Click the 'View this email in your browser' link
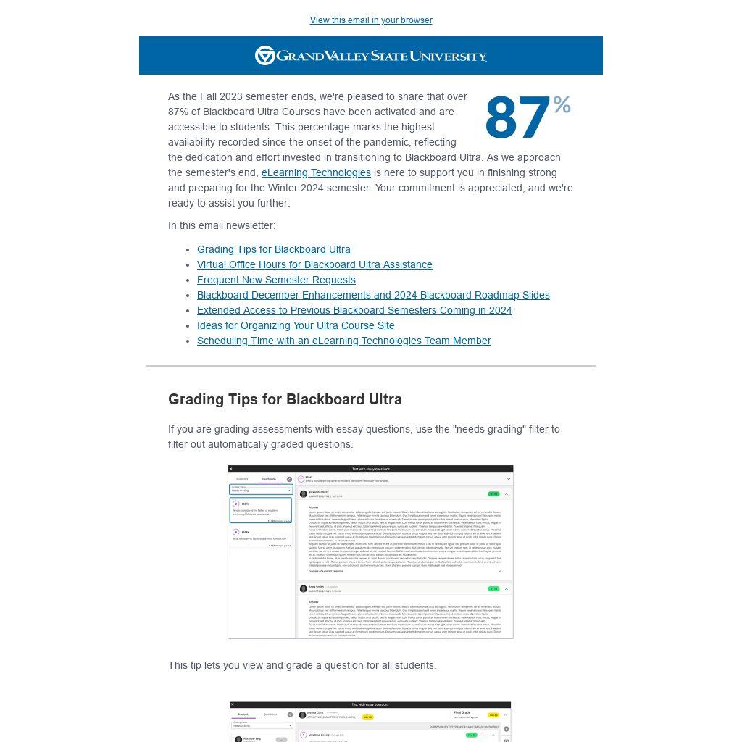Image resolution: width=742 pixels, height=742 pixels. pyautogui.click(x=371, y=20)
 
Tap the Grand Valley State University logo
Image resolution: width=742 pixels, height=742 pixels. pyautogui.click(x=371, y=56)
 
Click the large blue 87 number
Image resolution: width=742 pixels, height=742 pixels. pyautogui.click(x=517, y=119)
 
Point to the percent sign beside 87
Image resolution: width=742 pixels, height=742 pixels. pyautogui.click(x=562, y=106)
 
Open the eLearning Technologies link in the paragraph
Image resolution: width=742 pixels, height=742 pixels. pyautogui.click(x=316, y=172)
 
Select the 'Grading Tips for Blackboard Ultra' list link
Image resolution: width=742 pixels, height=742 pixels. pyautogui.click(x=273, y=249)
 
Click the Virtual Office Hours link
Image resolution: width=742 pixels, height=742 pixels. pyautogui.click(x=314, y=264)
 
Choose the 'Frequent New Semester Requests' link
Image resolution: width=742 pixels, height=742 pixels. pyautogui.click(x=276, y=280)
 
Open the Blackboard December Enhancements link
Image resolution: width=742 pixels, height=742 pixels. pyautogui.click(x=373, y=295)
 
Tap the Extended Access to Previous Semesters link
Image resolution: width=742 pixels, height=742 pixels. pyautogui.click(x=354, y=310)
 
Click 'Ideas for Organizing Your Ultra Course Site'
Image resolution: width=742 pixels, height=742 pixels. pyautogui.click(x=296, y=325)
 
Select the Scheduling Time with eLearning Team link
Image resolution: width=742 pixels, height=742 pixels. pyautogui.click(x=343, y=341)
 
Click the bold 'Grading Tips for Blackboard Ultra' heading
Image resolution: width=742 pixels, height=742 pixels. pyautogui.click(x=285, y=399)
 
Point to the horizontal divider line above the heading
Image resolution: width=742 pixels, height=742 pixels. pyautogui.click(x=371, y=366)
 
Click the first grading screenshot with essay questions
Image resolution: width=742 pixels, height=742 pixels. pyautogui.click(x=370, y=551)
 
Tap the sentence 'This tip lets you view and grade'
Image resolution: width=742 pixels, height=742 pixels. pyautogui.click(x=302, y=665)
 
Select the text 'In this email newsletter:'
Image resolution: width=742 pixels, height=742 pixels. pyautogui.click(x=222, y=225)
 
